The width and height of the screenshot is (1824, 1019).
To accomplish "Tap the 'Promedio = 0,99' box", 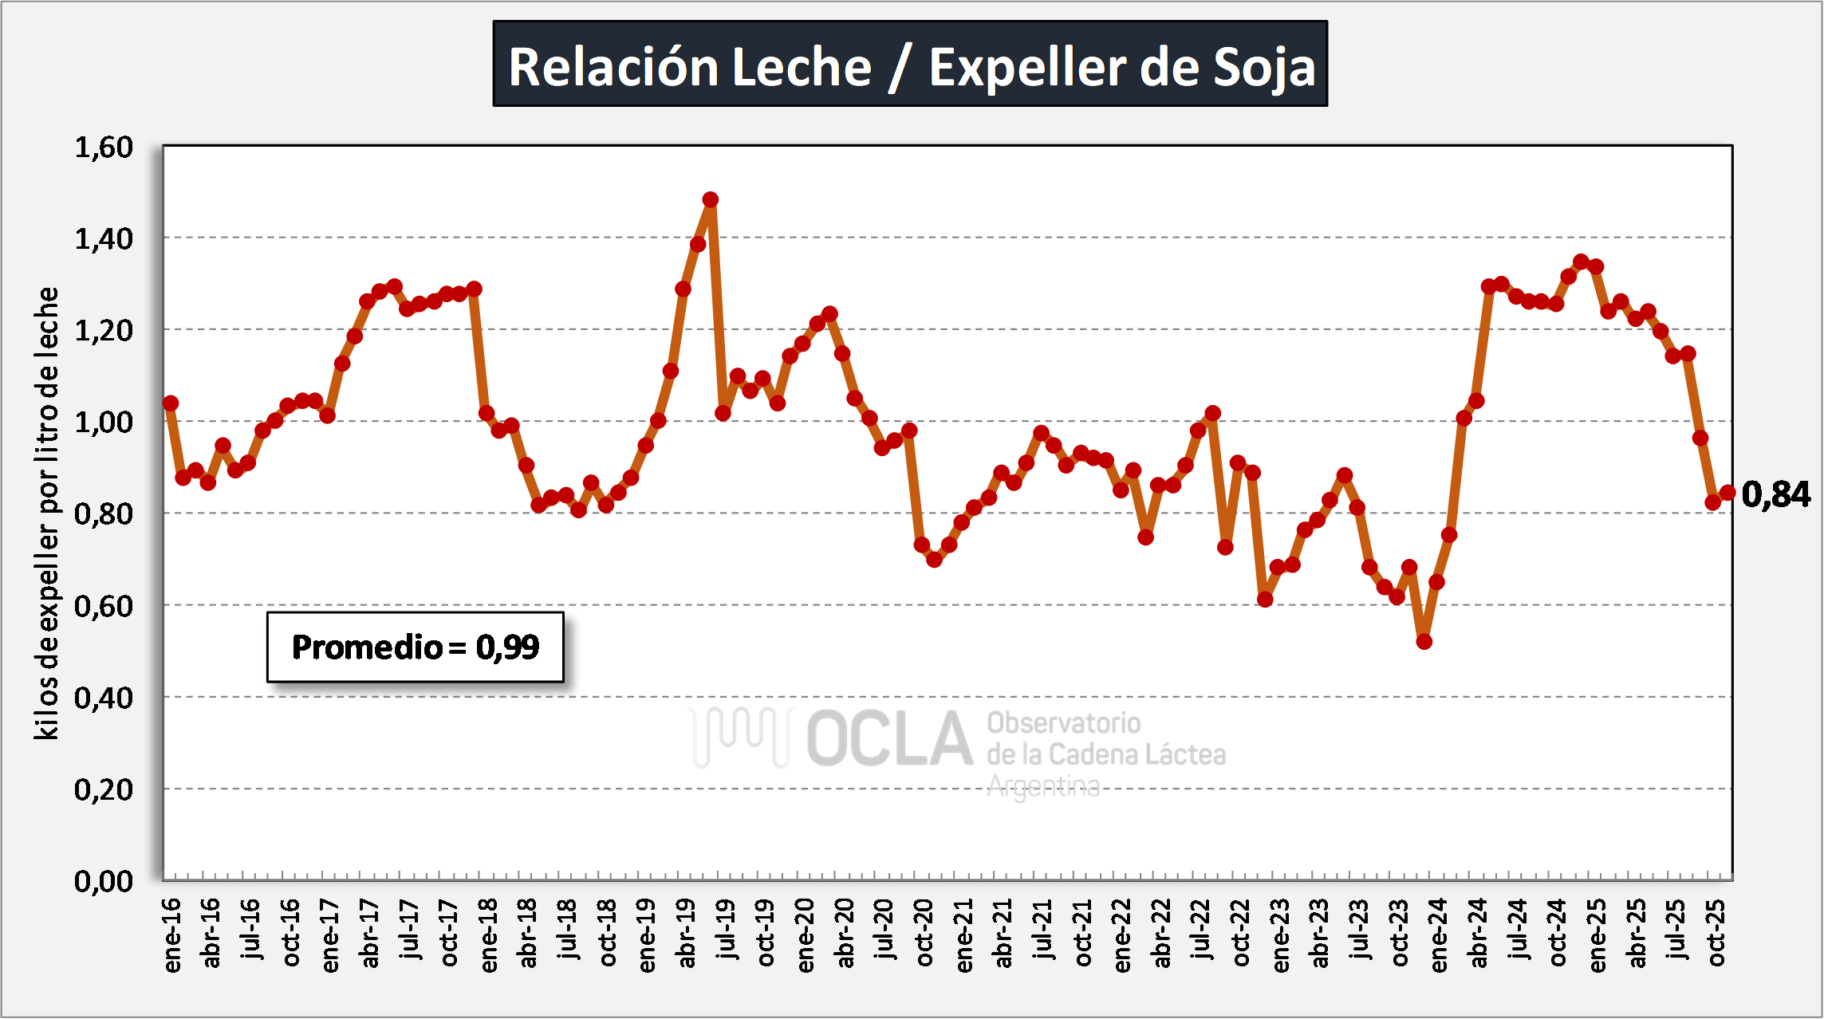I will pyautogui.click(x=415, y=647).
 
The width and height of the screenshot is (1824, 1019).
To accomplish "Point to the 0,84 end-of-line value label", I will pyautogui.click(x=1775, y=495).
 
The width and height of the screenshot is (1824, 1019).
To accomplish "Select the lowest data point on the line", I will pyautogui.click(x=1424, y=641).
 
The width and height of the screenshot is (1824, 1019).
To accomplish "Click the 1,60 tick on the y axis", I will pyautogui.click(x=104, y=148).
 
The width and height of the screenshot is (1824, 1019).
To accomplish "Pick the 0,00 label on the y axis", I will pyautogui.click(x=104, y=881).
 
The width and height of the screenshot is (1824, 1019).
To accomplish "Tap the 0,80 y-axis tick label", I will pyautogui.click(x=104, y=514).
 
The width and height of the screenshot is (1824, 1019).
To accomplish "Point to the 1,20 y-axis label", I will pyautogui.click(x=104, y=330).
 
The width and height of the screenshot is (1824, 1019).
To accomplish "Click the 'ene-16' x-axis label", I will pyautogui.click(x=172, y=935).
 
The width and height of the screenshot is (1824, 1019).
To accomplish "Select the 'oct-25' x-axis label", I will pyautogui.click(x=1717, y=933).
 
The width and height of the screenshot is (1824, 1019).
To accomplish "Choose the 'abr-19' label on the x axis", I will pyautogui.click(x=686, y=933).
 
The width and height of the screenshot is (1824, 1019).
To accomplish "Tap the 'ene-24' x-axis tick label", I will pyautogui.click(x=1439, y=935).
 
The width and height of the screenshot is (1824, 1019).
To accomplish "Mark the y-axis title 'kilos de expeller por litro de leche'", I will pyautogui.click(x=48, y=513).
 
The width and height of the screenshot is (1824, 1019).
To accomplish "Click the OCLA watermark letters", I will pyautogui.click(x=889, y=739).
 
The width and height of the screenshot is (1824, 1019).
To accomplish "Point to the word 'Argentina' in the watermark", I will pyautogui.click(x=1043, y=787).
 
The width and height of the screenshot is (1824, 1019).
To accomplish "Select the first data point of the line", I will pyautogui.click(x=171, y=403).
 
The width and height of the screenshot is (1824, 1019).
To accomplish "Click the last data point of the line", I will pyautogui.click(x=1727, y=493).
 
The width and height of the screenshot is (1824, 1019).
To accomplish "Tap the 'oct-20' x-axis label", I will pyautogui.click(x=924, y=933).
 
